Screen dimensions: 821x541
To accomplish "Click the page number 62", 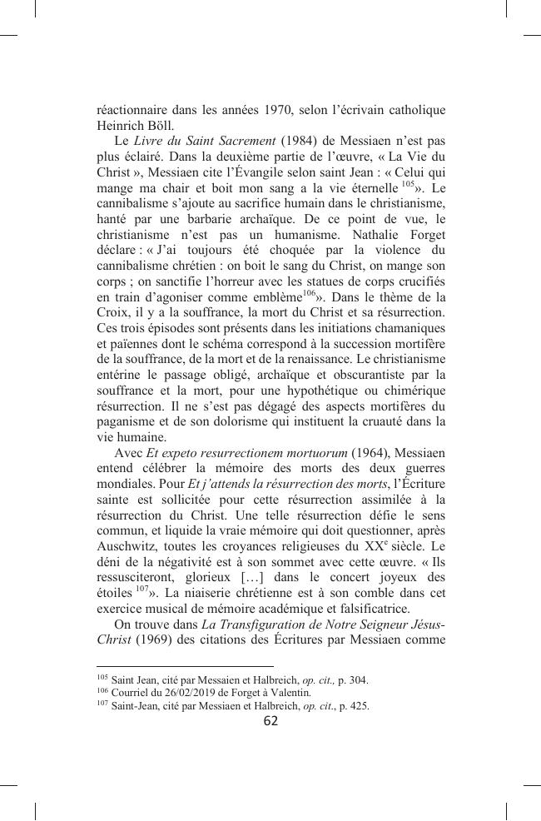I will [270, 721].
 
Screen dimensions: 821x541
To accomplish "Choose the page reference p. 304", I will [352, 679].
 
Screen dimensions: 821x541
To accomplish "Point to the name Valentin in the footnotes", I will [291, 692].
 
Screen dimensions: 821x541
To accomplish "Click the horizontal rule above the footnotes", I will [185, 666].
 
